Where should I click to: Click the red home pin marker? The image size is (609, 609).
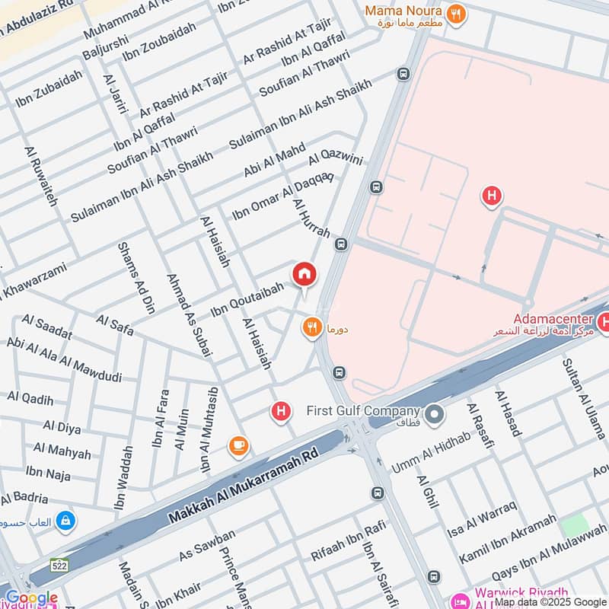coord(304,274)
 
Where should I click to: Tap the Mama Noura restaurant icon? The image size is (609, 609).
coord(456,13)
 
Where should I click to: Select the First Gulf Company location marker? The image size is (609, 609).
coord(435,415)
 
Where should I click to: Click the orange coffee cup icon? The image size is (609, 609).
coord(238,445)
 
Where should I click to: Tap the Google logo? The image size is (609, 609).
coord(30,598)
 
